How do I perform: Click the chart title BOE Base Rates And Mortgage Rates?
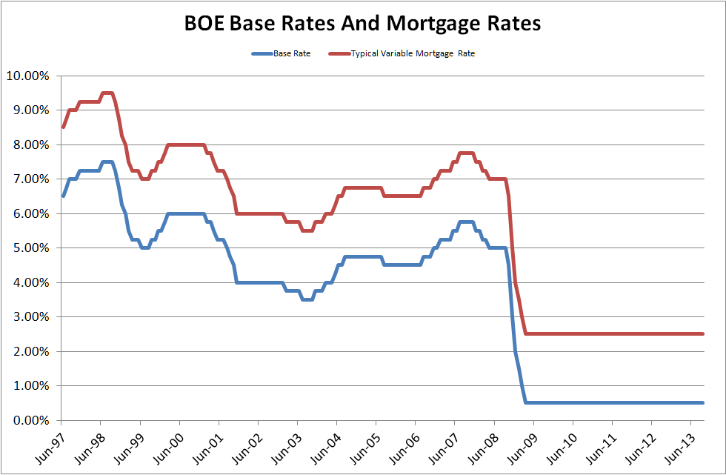(362, 24)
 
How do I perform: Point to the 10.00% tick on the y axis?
(28, 76)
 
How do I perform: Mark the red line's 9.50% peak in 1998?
(107, 93)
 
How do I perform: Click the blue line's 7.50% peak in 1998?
(107, 162)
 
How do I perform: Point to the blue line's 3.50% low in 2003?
(307, 299)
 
